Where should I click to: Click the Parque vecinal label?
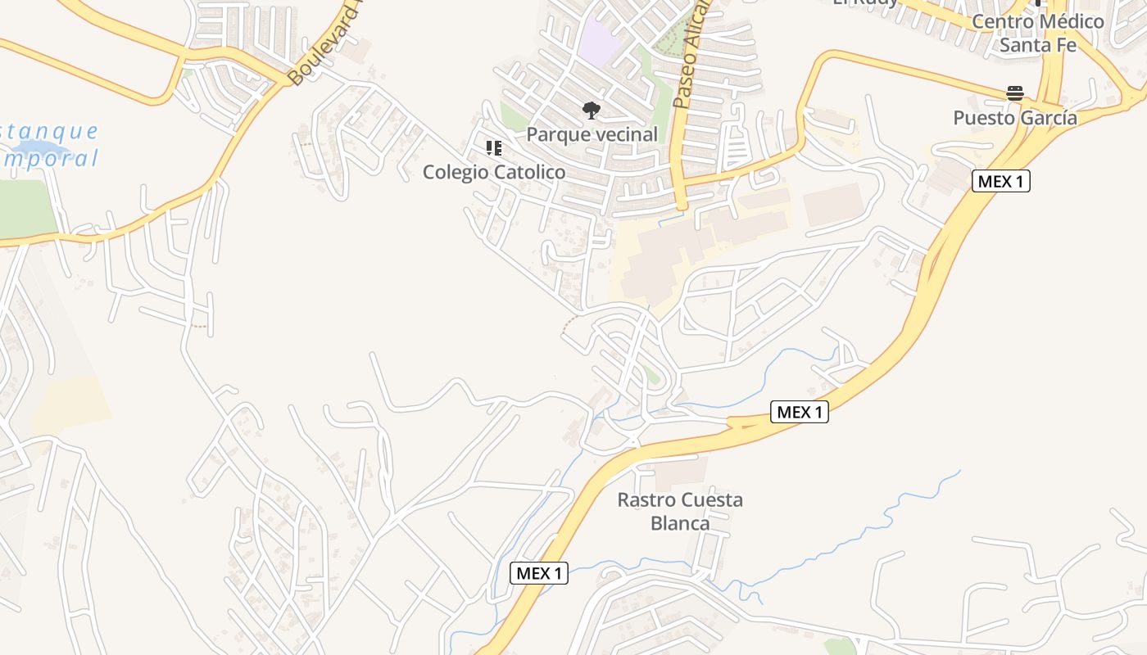[592, 134]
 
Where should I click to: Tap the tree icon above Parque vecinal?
[590, 111]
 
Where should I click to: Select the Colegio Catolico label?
[494, 172]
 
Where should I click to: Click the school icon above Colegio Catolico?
[493, 148]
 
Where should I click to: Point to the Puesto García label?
[1015, 118]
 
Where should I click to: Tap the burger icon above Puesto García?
[1015, 93]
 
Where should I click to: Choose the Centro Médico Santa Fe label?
[1038, 33]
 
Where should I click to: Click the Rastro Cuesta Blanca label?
[680, 511]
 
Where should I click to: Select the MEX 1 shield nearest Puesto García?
[1000, 182]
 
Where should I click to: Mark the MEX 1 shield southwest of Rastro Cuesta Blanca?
[539, 573]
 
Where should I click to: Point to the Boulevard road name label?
[324, 45]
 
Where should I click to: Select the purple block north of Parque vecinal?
[600, 40]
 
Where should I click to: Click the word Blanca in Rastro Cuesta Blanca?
[680, 522]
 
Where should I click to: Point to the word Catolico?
[526, 172]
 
